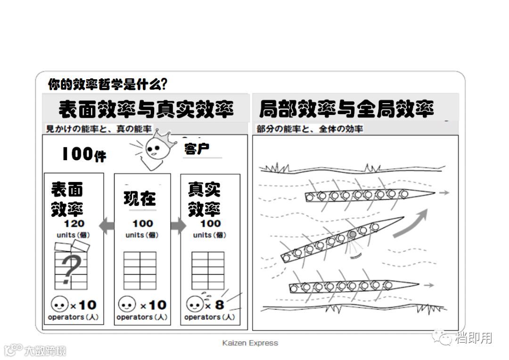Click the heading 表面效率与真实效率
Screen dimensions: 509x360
click(x=146, y=109)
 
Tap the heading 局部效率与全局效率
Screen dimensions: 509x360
click(x=346, y=109)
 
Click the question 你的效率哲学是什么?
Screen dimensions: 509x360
click(x=107, y=84)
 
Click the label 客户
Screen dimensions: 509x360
click(x=197, y=149)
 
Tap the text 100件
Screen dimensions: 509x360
click(x=84, y=154)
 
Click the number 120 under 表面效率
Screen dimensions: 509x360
click(x=73, y=224)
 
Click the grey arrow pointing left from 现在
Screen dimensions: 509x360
click(x=107, y=226)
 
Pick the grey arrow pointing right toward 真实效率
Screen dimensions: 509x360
click(x=178, y=226)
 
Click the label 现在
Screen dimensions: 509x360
click(x=140, y=198)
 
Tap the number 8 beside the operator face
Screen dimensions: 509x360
click(x=220, y=304)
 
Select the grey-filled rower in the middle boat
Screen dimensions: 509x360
click(x=352, y=234)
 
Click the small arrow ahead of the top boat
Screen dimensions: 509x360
click(x=444, y=192)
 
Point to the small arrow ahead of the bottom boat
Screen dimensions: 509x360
click(x=428, y=285)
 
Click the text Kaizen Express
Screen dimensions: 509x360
click(x=250, y=343)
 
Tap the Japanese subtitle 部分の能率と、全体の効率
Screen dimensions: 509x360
click(x=310, y=129)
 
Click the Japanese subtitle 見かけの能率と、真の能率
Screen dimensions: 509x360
click(x=99, y=129)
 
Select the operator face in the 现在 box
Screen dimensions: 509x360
click(x=127, y=304)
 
